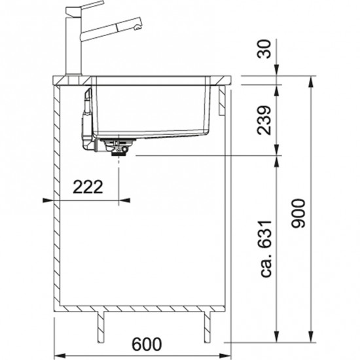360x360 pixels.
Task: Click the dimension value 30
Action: pyautogui.click(x=264, y=49)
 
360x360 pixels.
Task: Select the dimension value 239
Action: pyautogui.click(x=264, y=120)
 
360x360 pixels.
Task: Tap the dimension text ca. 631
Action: pyautogui.click(x=266, y=249)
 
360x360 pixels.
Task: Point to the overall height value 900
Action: pyautogui.click(x=298, y=213)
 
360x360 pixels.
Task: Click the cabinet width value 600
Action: pyautogui.click(x=147, y=344)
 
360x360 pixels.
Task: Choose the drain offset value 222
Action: pyautogui.click(x=88, y=187)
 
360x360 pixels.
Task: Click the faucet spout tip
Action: pyautogui.click(x=137, y=28)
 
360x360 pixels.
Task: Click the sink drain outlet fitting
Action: pyautogui.click(x=118, y=147)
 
